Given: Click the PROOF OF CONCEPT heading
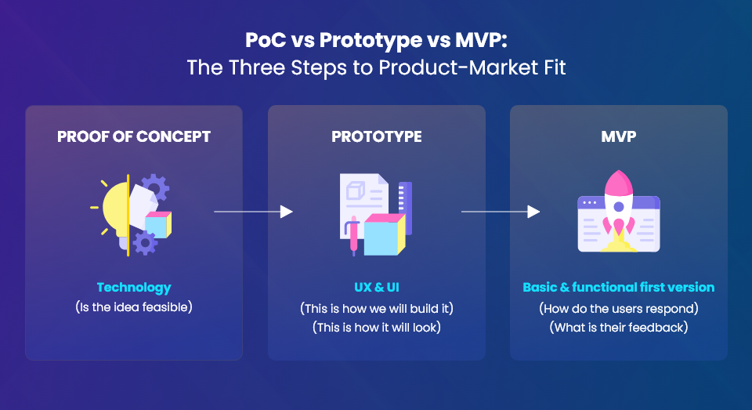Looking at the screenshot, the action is coord(134,137).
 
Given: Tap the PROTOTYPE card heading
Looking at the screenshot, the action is coord(377,137).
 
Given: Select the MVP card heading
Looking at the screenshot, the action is coord(619,137).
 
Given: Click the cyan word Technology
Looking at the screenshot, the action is coord(134,288).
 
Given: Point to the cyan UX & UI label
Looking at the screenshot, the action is coord(377,288).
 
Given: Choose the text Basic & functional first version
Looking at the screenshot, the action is coord(619,288).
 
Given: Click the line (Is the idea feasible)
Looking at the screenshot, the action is coord(134,307).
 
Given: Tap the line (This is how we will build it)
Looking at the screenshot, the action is coord(377,308).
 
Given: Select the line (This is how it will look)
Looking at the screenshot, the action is coord(377,328).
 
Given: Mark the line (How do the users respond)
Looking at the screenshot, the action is coord(619,308).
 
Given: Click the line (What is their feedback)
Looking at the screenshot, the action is coord(619,328).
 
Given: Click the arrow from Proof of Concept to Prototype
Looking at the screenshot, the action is coord(253,211).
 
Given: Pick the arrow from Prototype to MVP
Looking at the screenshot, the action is coord(501,211).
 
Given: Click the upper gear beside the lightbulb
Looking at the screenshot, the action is coord(155,187).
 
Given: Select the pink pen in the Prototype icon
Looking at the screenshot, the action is coord(354,235).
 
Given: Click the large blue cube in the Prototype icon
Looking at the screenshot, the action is coord(385,234).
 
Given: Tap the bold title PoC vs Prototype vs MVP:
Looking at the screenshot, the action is coord(377,40).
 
